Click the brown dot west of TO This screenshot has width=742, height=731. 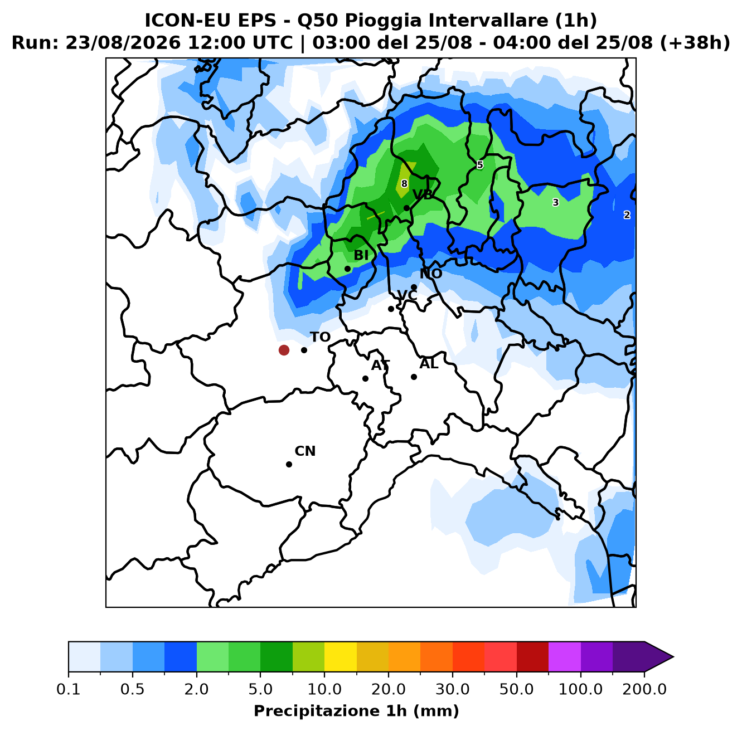click(x=284, y=350)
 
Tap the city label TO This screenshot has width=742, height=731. click(x=321, y=337)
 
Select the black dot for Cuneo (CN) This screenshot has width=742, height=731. click(x=289, y=464)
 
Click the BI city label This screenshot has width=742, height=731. click(x=361, y=255)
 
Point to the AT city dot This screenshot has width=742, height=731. click(x=365, y=378)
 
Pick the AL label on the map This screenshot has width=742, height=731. click(x=429, y=364)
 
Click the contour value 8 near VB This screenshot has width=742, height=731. click(x=404, y=183)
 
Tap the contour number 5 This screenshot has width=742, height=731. click(x=480, y=165)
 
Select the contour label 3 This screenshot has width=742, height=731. click(x=555, y=202)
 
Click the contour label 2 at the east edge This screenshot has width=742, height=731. click(x=627, y=215)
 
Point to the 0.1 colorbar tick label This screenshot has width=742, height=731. click(x=69, y=689)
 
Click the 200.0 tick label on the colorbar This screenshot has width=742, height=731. click(x=644, y=689)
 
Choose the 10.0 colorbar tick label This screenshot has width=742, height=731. click(x=324, y=689)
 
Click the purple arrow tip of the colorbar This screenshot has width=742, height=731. click(x=673, y=657)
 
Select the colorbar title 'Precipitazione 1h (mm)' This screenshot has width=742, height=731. click(x=356, y=711)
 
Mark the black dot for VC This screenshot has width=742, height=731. click(x=391, y=309)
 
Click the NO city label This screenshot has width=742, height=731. click(x=431, y=274)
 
